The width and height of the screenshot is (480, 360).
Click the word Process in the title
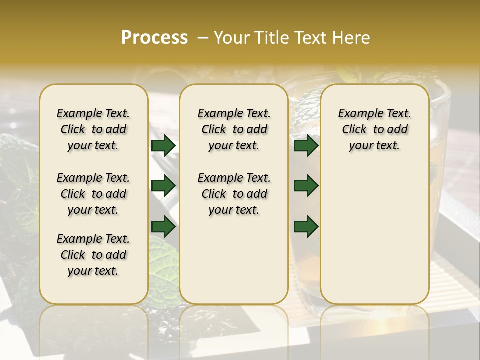coord(154,37)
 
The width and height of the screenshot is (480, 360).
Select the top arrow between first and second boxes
coord(163,146)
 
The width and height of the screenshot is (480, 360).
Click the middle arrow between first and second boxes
coord(163,186)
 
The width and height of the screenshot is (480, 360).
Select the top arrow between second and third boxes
coord(306,146)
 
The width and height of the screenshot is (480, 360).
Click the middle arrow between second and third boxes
coord(306,186)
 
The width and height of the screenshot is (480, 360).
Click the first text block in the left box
coord(93,129)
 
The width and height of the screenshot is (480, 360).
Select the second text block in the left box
coord(93,194)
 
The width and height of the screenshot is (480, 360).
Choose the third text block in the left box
coord(93,255)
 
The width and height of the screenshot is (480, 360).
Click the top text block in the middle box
coord(234,129)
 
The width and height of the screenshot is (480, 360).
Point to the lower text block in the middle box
coord(234,194)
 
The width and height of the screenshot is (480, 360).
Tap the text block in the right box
coord(374,129)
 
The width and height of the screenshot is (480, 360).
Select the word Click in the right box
coord(354,130)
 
